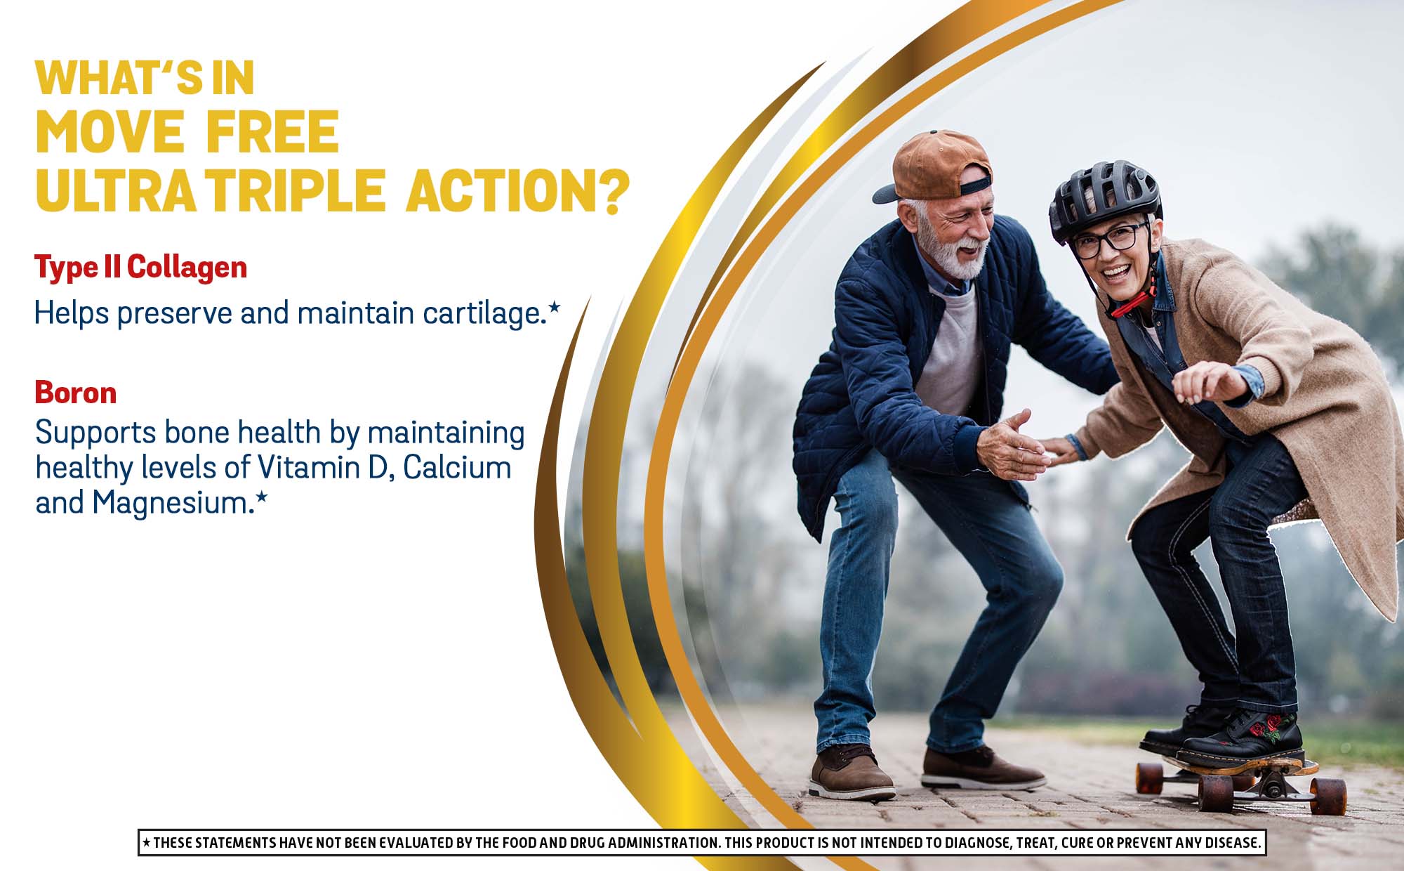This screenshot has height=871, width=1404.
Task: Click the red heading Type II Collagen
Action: (x=140, y=268)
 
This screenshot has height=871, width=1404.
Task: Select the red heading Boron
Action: (x=76, y=393)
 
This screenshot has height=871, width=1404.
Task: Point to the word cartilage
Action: (x=484, y=314)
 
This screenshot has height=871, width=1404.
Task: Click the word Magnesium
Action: (x=173, y=504)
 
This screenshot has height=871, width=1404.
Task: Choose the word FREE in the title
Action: (x=272, y=132)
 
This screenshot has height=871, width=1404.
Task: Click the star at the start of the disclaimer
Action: (x=146, y=841)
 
